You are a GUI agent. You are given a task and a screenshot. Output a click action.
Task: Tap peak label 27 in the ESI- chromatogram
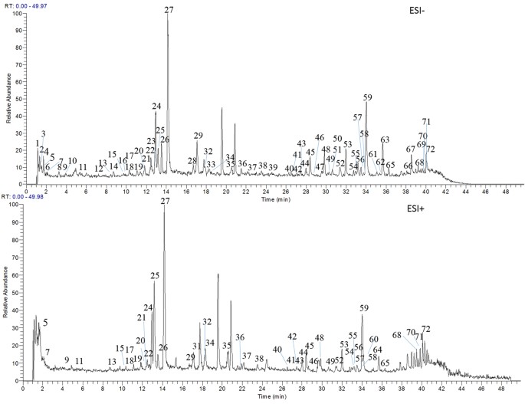click(169, 10)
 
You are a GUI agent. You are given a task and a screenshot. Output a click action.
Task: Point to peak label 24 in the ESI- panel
click(156, 107)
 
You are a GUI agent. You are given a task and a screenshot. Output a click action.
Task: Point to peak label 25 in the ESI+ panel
click(155, 275)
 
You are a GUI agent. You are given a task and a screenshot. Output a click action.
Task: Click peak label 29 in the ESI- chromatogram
click(198, 136)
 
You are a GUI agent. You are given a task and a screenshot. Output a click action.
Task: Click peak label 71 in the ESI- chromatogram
click(426, 122)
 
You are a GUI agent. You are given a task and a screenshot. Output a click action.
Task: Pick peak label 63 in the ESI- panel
click(385, 140)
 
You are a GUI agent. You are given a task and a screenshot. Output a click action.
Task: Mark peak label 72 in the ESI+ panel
click(426, 329)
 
